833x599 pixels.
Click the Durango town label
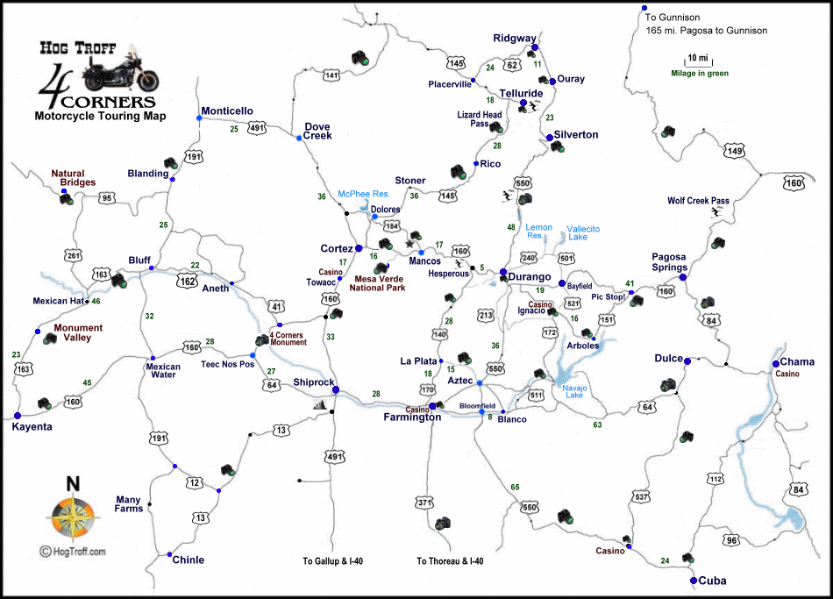(x=530, y=277)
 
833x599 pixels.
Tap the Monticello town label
(x=227, y=111)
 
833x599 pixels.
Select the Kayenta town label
(x=32, y=427)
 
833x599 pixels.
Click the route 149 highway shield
(x=734, y=152)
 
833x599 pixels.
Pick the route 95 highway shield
(x=108, y=198)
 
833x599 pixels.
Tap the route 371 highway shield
(x=425, y=503)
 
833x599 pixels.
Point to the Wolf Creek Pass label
(x=698, y=201)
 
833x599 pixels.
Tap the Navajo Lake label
(x=575, y=390)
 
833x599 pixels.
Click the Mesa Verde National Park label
(x=377, y=282)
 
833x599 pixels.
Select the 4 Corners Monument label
(x=288, y=338)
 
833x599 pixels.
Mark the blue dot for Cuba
(x=694, y=581)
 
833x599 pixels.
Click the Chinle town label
(x=188, y=560)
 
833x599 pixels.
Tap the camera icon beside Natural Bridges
(x=67, y=199)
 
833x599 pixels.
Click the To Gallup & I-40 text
(x=337, y=561)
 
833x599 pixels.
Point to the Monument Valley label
(x=78, y=333)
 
